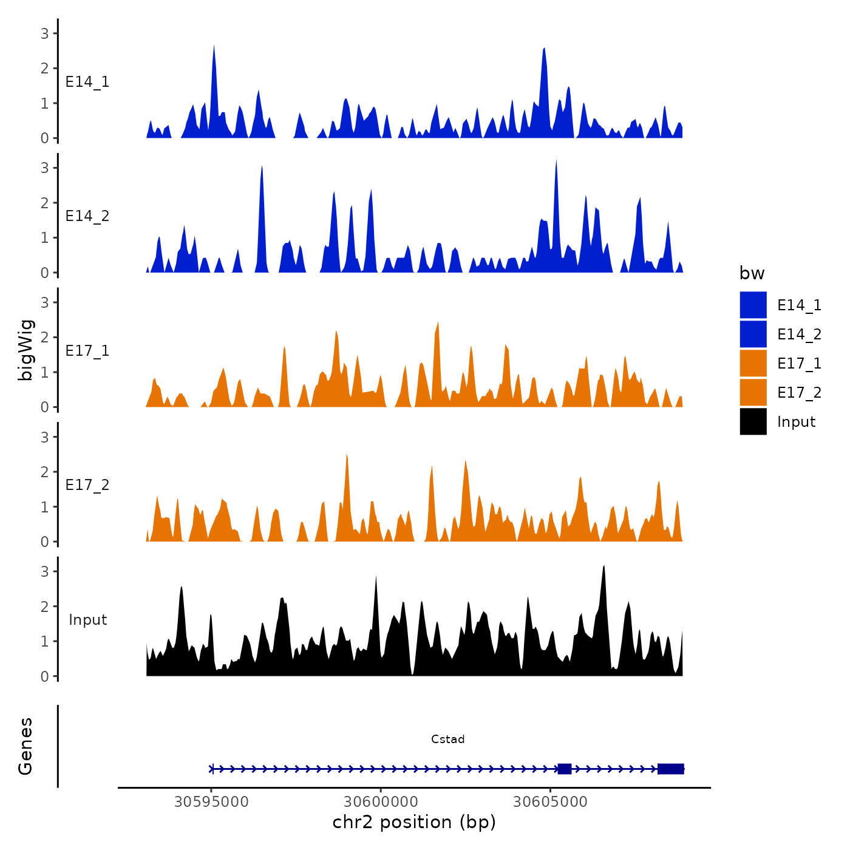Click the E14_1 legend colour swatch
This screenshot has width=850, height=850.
pos(753,305)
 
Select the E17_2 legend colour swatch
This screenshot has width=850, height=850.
pos(753,392)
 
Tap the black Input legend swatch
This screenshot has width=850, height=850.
pos(753,421)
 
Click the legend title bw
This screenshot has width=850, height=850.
pos(752,274)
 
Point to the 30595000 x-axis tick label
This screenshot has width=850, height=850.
pos(211,802)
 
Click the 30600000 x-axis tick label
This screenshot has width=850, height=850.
pos(381,802)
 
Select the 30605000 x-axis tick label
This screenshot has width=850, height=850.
pos(550,802)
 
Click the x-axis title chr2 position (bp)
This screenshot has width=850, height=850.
pos(414,823)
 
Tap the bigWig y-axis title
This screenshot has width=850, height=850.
pos(26,350)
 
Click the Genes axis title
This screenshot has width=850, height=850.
pos(25,746)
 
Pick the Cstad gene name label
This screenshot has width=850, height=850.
pos(447,739)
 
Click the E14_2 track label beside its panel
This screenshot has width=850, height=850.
pos(87,216)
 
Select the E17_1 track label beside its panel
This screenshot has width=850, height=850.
pos(87,351)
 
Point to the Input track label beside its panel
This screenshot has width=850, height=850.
pos(87,620)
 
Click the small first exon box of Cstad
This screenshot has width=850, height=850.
pos(565,769)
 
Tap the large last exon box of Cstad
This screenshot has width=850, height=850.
pos(670,769)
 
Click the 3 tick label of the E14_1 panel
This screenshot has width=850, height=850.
pos(45,33)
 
